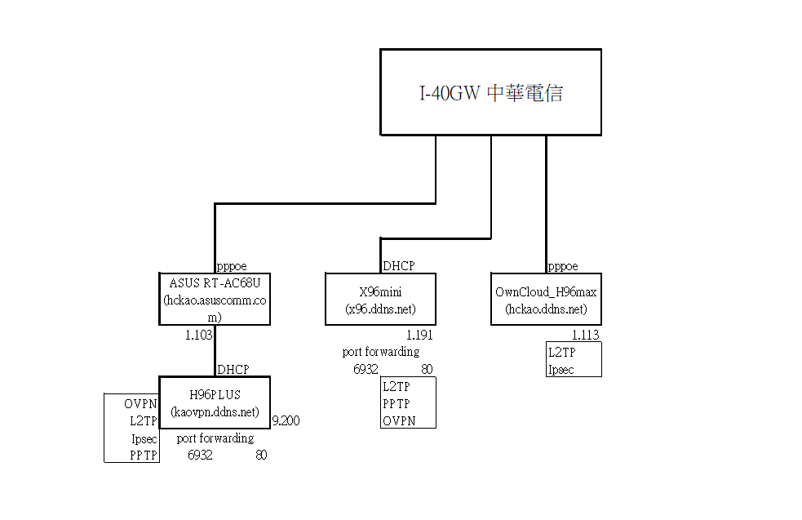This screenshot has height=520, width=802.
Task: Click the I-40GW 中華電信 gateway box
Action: (490, 91)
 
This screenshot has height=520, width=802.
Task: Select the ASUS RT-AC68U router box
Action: (215, 299)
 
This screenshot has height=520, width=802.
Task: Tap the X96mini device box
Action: (380, 299)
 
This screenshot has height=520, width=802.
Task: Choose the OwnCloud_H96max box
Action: (546, 299)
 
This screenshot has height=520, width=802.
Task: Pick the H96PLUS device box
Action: (215, 401)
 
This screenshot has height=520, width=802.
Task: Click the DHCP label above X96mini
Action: (399, 266)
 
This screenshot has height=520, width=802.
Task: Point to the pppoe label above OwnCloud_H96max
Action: (563, 266)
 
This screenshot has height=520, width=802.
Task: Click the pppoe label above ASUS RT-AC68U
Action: (232, 266)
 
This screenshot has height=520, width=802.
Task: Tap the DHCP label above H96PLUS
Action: (233, 369)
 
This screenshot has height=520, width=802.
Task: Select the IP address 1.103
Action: (198, 334)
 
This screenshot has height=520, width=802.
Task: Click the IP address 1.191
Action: (419, 335)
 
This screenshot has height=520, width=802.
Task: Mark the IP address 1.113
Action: (585, 335)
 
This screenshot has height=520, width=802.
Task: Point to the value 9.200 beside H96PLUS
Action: (286, 421)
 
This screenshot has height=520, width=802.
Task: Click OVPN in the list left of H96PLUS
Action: (140, 404)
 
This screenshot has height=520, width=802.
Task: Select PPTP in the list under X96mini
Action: (397, 404)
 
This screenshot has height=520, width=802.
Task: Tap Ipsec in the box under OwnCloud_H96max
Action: (561, 369)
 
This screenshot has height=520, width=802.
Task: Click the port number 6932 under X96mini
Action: (366, 369)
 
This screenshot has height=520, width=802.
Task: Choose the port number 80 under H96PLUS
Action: (261, 455)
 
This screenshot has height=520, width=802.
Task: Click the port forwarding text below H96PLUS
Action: (215, 438)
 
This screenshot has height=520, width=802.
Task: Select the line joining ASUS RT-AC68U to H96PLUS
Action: (215, 350)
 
